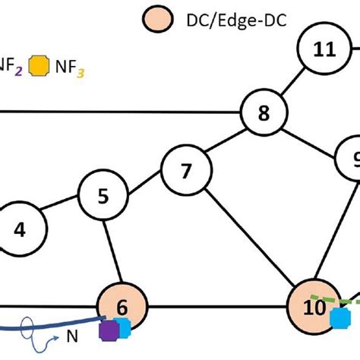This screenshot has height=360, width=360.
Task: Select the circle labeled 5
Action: pos(103,195)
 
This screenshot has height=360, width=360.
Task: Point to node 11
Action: pos(324,49)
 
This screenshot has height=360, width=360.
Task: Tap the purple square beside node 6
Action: pos(109,330)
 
